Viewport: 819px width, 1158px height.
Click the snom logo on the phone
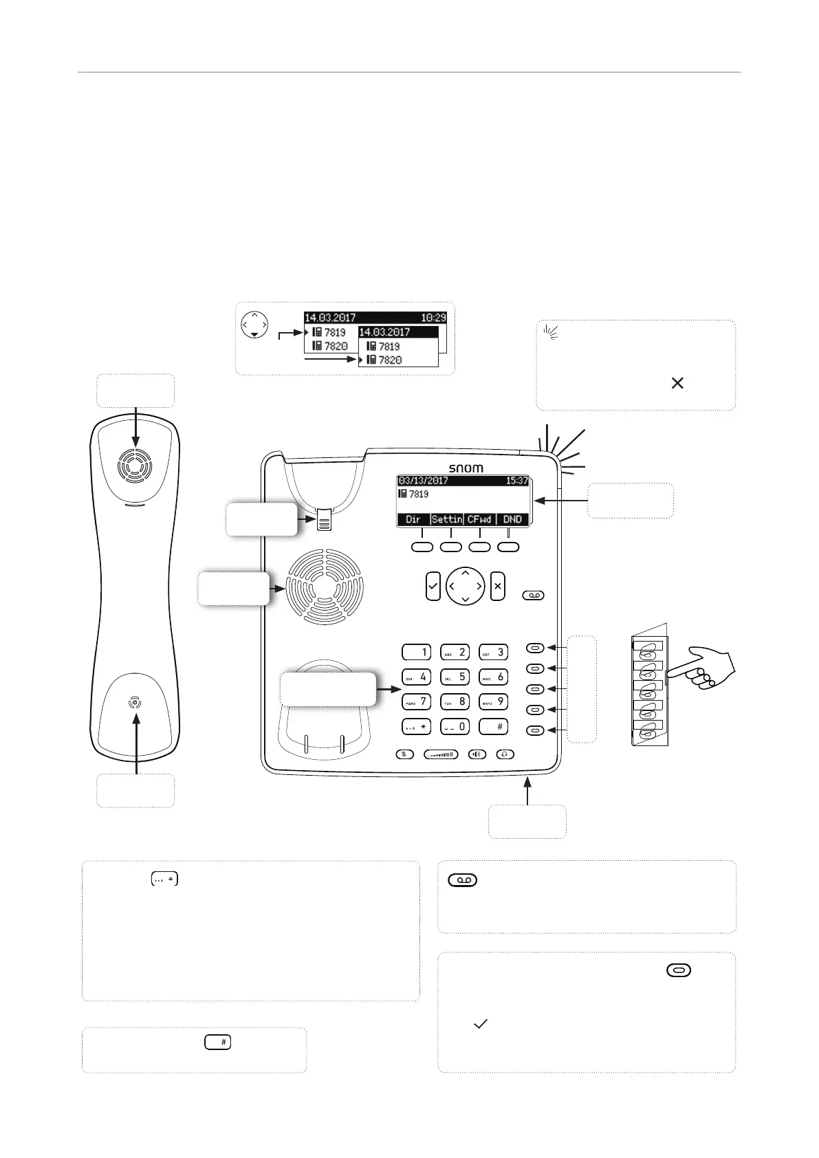466,468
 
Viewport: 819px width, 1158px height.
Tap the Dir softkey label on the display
413,520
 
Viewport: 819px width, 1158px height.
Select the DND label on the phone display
512,520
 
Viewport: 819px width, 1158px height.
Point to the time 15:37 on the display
516,481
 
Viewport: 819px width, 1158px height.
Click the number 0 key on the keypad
455,726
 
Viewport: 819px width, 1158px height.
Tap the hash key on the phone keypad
493,726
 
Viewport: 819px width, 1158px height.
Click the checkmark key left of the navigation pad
433,587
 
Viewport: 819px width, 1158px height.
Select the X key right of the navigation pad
498,587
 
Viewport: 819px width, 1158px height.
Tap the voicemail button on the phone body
534,596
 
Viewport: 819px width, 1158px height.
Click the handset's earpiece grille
135,466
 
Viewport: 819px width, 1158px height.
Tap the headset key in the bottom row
505,754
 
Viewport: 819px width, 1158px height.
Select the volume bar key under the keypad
441,754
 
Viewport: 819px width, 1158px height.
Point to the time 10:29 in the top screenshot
434,318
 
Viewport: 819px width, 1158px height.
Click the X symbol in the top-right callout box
677,383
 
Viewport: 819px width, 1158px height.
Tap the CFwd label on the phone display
479,520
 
